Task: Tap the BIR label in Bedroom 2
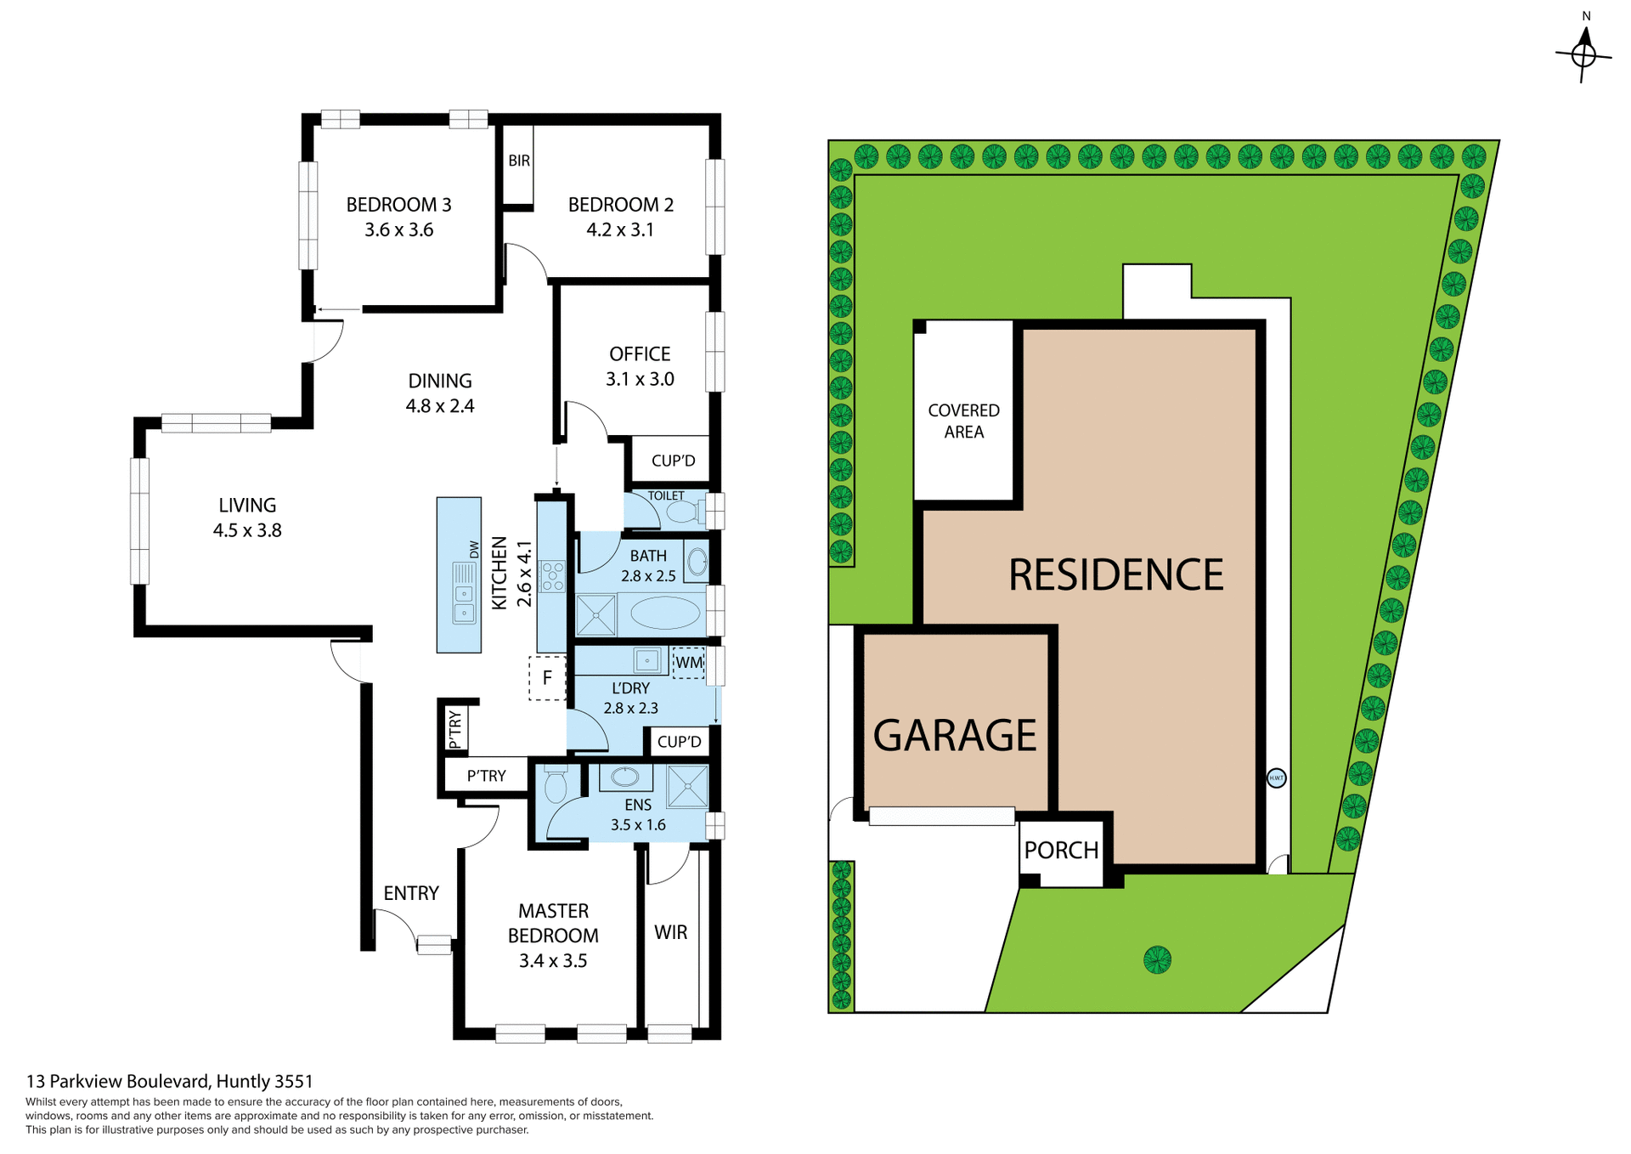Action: (519, 161)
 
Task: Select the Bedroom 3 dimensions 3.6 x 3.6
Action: (398, 230)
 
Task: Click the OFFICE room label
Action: (640, 354)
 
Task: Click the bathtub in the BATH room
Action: (665, 613)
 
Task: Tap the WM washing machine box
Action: (689, 663)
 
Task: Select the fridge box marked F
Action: (547, 678)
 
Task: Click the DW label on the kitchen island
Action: (474, 550)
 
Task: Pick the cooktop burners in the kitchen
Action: (553, 575)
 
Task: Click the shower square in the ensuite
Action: (687, 786)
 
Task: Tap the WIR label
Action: (670, 932)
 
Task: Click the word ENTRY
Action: (411, 893)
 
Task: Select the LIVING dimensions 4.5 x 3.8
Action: (247, 530)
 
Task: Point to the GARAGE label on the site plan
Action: (955, 735)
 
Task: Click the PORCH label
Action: (1061, 850)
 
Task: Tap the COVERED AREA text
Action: (963, 421)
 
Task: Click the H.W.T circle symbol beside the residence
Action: (1276, 778)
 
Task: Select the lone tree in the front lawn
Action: (1157, 960)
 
